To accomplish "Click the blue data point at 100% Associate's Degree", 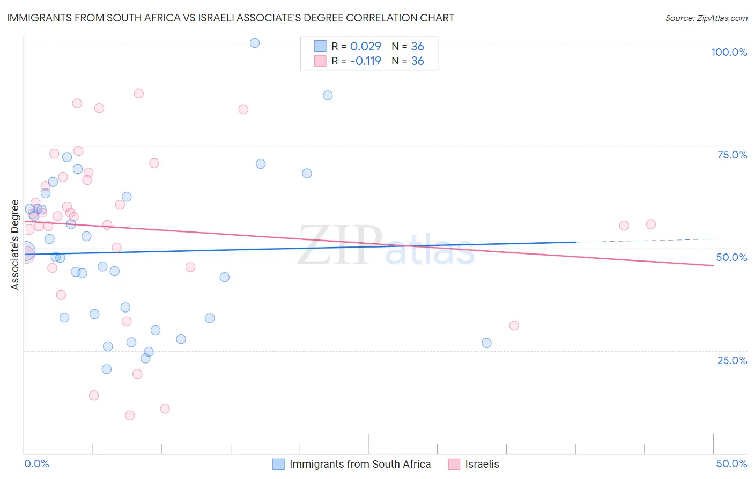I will [255, 43].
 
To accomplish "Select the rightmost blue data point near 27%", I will [486, 343].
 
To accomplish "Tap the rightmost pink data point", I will [650, 224].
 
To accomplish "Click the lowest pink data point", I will [130, 416].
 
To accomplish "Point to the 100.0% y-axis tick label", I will [729, 52].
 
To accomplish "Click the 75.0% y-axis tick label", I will [732, 155].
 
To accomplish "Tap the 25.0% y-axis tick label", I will [732, 360].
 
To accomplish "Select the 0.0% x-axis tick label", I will [36, 464].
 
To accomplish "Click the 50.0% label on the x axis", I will [731, 464].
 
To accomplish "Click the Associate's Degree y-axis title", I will [15, 245].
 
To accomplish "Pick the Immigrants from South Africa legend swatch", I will [278, 464].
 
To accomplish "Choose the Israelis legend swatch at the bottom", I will [454, 464].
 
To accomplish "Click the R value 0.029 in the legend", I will [365, 47].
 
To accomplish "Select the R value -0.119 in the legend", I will [365, 61].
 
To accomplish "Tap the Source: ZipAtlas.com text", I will [706, 18].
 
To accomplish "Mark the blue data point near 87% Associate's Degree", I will [328, 96].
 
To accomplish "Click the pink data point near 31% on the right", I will [514, 325].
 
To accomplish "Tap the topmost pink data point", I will [138, 93].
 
